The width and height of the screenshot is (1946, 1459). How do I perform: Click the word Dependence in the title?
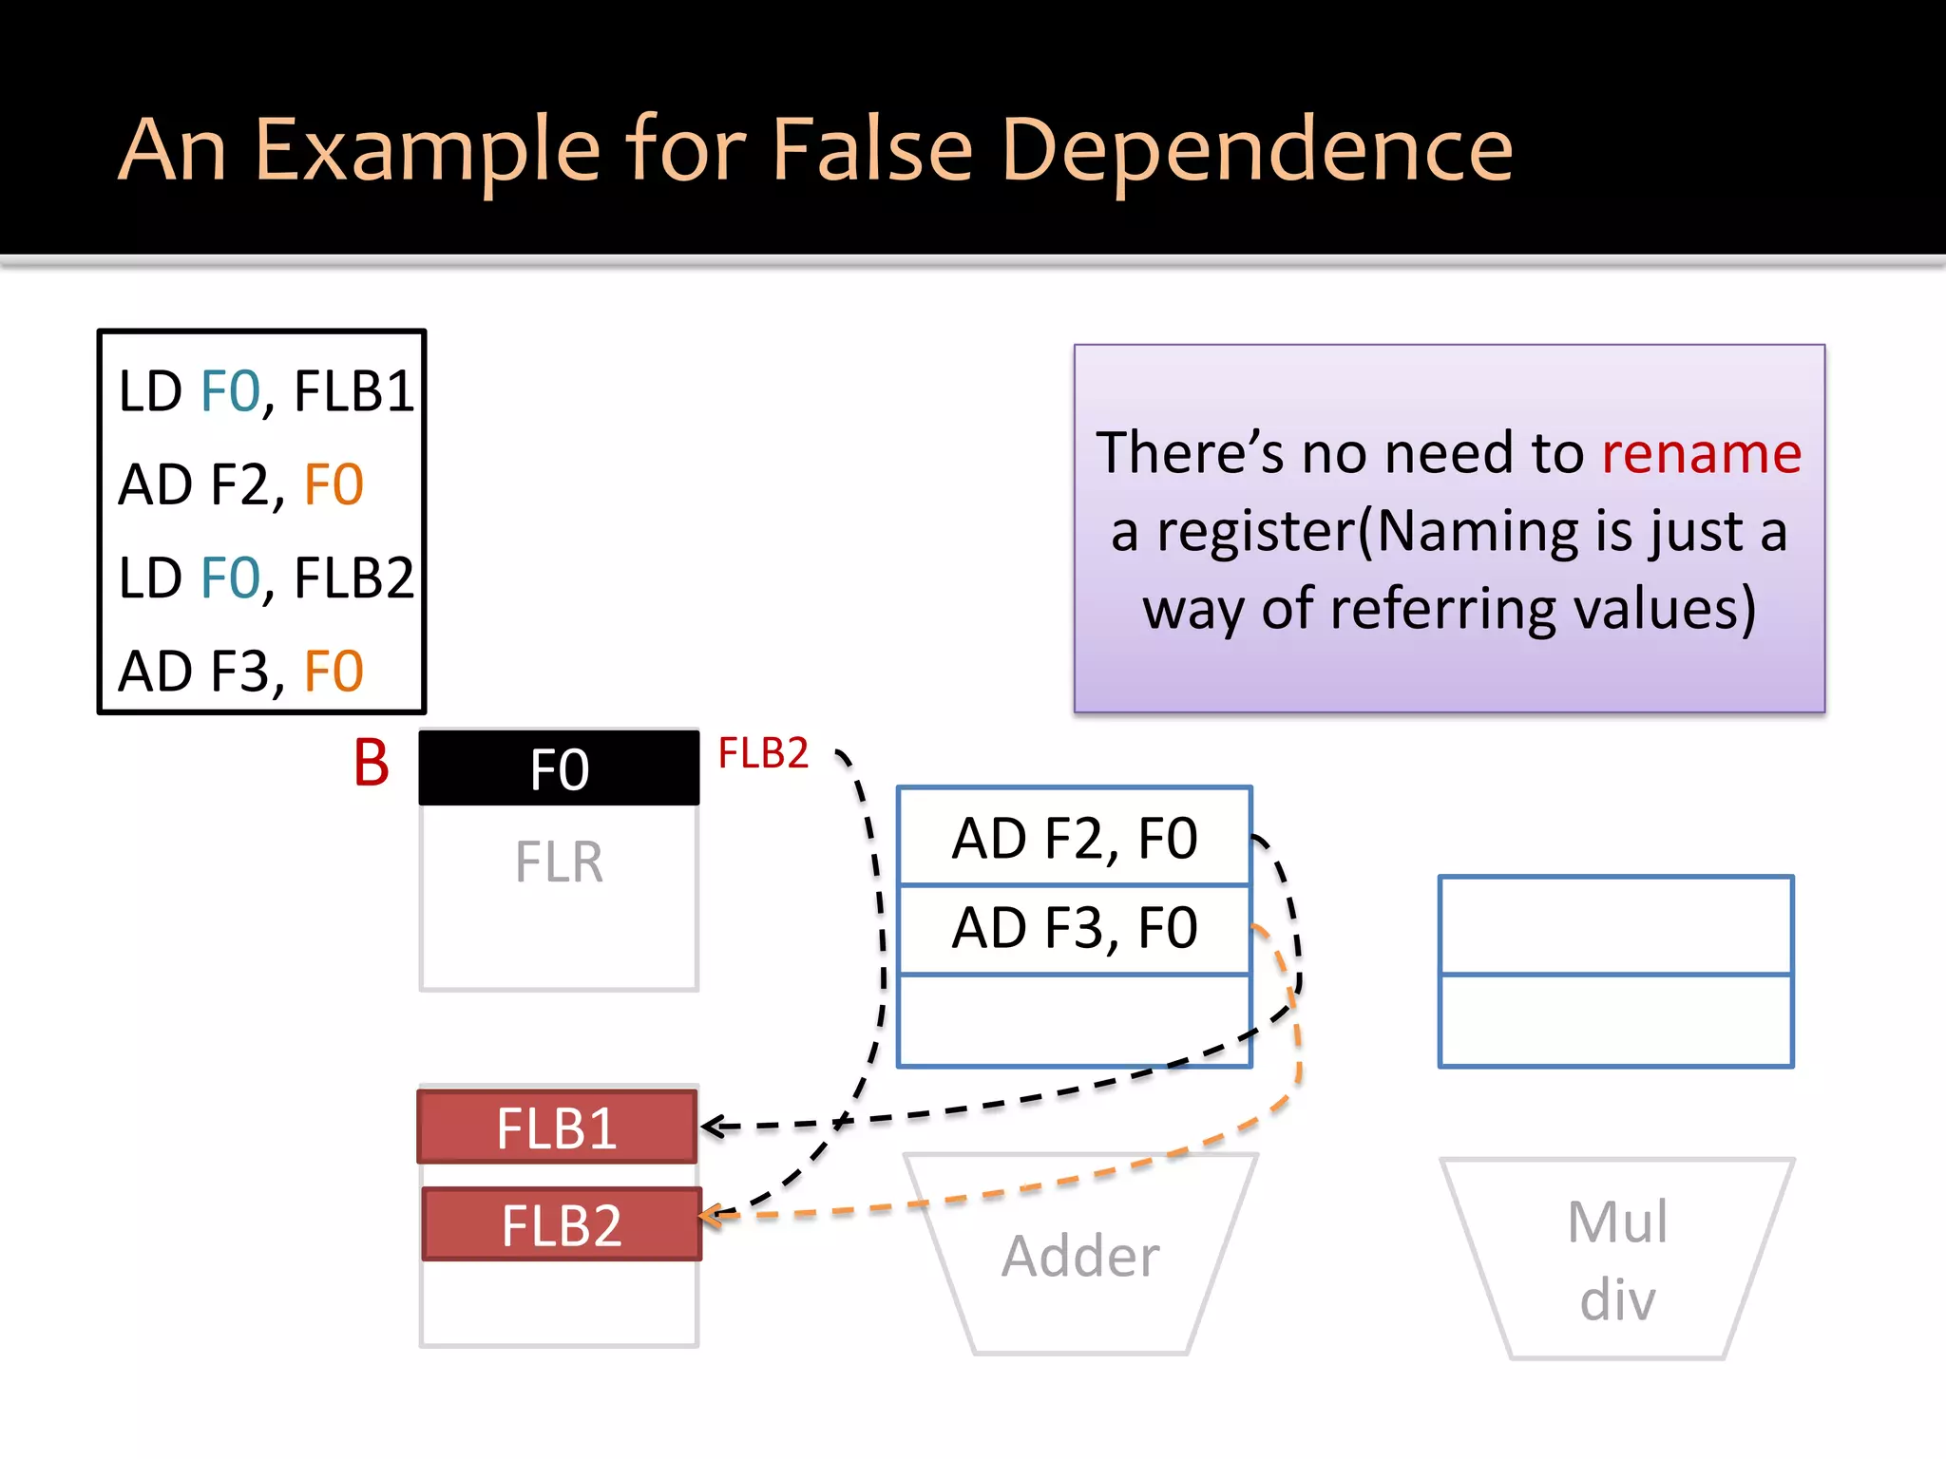click(x=1256, y=149)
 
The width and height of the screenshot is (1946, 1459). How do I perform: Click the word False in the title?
click(x=871, y=149)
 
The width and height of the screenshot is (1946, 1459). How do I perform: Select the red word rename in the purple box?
click(x=1701, y=452)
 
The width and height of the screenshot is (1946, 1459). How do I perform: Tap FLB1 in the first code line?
click(x=354, y=390)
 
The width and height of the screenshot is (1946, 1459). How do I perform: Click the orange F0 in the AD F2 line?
click(x=334, y=484)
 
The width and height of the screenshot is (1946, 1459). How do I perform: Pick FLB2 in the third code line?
click(x=354, y=578)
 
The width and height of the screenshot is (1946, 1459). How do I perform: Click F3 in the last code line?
click(x=239, y=671)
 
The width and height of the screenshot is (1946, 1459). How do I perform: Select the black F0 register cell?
click(x=559, y=768)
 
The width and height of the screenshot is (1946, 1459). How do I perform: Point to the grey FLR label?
click(x=559, y=862)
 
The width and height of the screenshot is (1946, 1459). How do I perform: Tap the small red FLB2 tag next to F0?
click(x=763, y=753)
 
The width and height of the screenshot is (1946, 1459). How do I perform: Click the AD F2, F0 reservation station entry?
click(x=1074, y=838)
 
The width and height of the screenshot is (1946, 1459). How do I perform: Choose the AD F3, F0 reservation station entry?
click(x=1074, y=928)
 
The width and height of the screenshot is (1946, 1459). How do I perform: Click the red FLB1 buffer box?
click(x=557, y=1127)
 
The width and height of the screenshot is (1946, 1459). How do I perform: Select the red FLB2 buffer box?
click(x=561, y=1224)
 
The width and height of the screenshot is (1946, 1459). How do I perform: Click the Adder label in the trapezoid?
click(x=1080, y=1256)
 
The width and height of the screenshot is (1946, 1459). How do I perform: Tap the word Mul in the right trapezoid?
click(x=1617, y=1222)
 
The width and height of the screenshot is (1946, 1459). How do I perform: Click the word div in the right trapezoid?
click(x=1617, y=1298)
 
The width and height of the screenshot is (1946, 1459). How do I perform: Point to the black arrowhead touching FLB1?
click(x=712, y=1127)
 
